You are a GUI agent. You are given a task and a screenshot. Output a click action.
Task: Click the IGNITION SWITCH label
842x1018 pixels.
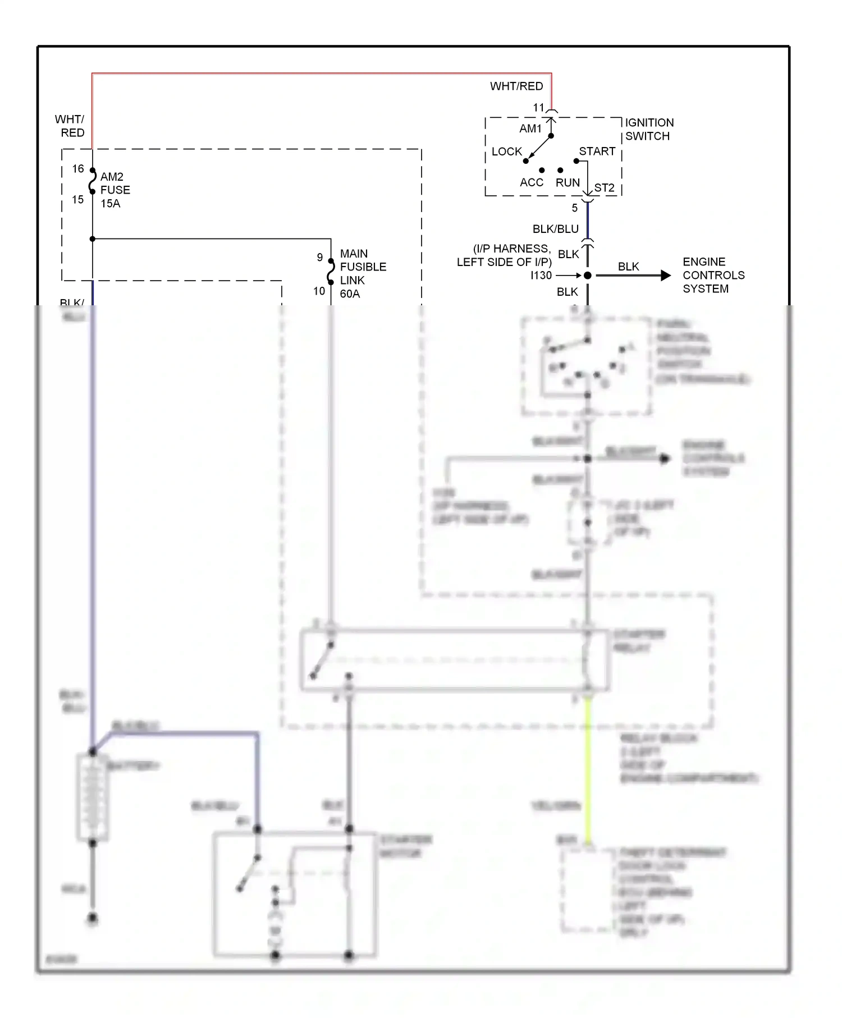[649, 130]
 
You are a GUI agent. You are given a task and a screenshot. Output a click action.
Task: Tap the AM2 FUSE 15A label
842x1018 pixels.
[115, 190]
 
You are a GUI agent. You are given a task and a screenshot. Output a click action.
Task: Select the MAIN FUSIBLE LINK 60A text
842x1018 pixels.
[362, 274]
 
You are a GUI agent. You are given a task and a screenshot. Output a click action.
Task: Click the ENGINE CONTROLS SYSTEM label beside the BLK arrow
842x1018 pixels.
[713, 276]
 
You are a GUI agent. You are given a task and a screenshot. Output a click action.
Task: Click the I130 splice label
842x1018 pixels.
[541, 276]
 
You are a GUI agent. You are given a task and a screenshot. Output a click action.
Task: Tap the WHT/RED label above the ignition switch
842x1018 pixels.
[516, 86]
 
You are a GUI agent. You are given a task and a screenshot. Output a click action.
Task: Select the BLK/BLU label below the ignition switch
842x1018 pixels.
[555, 229]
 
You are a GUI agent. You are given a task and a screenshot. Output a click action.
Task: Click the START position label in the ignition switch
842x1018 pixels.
[597, 152]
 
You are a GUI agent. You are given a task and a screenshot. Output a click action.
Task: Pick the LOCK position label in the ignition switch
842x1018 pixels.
[506, 152]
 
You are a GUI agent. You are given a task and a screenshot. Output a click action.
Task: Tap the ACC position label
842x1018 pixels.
[531, 183]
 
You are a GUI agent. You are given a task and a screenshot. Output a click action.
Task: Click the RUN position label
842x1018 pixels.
[568, 183]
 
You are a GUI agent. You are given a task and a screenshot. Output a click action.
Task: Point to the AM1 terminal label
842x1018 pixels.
[530, 129]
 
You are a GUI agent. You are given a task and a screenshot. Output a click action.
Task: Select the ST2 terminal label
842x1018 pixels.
[604, 188]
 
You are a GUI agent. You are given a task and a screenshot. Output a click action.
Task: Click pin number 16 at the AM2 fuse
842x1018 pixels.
[78, 169]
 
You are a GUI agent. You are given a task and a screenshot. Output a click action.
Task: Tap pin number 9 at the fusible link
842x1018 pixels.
[320, 258]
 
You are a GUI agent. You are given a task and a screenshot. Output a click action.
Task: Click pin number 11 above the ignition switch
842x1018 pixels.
[538, 108]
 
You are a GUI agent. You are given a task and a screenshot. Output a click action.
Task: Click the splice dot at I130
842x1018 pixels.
[588, 276]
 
